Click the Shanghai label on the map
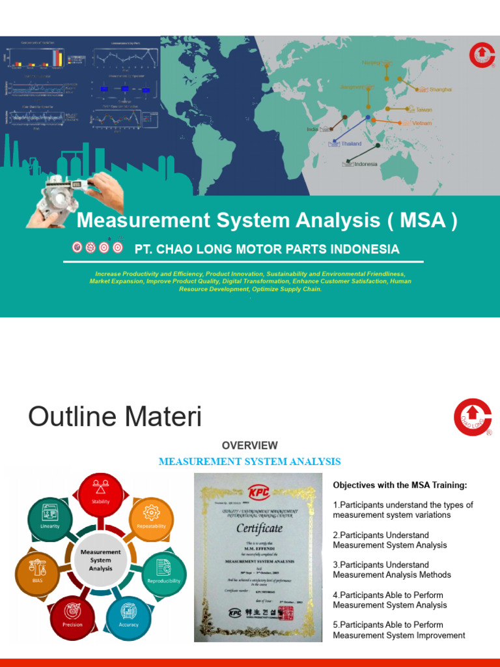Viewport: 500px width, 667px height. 440,89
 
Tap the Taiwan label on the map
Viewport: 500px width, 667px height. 423,110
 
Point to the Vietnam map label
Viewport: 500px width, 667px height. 422,123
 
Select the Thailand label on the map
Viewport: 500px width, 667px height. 351,143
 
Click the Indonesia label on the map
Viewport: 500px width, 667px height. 365,164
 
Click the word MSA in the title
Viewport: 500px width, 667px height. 422,221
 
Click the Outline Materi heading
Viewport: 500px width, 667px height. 115,417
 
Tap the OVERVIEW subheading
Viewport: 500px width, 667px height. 249,446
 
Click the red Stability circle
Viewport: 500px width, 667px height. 101,494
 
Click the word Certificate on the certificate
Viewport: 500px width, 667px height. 258,528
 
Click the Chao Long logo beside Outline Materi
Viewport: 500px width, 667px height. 473,417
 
